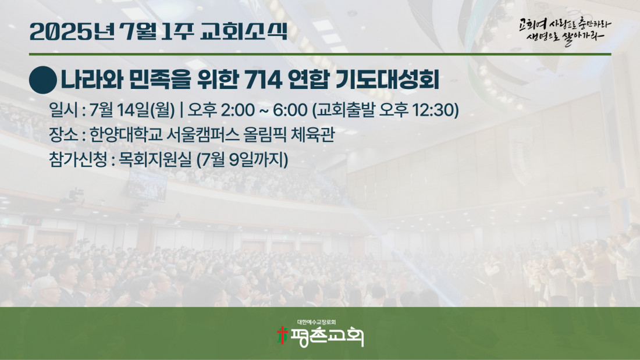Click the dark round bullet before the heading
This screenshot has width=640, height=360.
coord(43,80)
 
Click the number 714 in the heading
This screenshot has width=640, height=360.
coord(263,80)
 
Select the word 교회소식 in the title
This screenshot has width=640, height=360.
coord(244,31)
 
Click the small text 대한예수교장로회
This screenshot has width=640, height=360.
coord(317,322)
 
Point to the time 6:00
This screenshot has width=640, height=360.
coord(290,110)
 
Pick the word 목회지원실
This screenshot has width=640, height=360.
coord(155,159)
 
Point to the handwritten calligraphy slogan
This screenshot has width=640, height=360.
coord(565,31)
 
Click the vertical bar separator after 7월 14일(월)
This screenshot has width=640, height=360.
coord(181,110)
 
